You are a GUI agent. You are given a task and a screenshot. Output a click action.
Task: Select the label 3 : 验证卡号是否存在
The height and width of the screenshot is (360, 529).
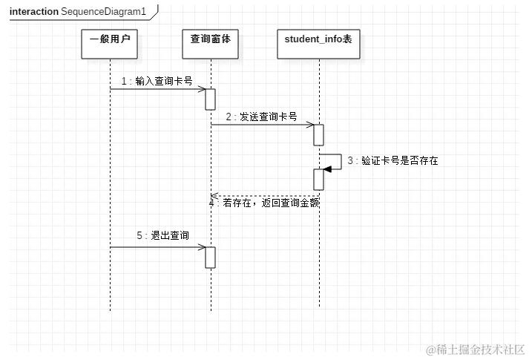tap(392, 160)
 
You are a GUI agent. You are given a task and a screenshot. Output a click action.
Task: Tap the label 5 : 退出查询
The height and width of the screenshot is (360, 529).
tap(162, 235)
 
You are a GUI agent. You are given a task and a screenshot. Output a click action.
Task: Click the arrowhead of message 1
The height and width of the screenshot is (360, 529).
tap(202, 89)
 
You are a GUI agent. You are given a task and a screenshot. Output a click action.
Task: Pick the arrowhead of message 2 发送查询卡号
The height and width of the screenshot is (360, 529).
tap(310, 125)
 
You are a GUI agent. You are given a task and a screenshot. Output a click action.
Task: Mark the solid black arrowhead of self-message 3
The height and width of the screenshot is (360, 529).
tap(327, 169)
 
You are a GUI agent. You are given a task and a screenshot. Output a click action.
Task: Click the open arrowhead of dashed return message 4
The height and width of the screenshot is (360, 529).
tap(214, 196)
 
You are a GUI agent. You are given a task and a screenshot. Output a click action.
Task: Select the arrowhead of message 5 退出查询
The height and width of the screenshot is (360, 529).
tap(202, 247)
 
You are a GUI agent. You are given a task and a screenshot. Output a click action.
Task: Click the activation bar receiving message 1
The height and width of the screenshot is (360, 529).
tap(211, 99)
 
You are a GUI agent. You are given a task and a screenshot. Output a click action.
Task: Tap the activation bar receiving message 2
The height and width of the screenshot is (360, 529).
tap(319, 134)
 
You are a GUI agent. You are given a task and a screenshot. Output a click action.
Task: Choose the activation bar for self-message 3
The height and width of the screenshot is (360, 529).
tap(319, 179)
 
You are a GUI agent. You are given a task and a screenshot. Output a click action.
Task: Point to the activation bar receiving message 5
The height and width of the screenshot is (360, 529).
tap(211, 257)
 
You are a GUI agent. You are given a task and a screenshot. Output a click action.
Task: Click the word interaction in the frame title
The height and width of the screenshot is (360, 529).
tap(34, 12)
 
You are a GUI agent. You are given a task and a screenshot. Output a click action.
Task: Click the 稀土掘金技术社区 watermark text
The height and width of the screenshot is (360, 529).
tap(480, 348)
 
